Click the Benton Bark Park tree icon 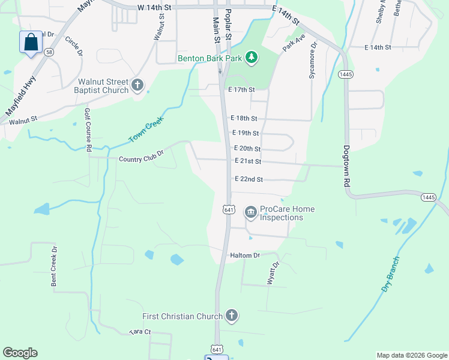[x=253, y=58]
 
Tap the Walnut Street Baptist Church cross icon [x=137, y=85]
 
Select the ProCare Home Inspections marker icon [x=250, y=212]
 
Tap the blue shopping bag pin [x=31, y=43]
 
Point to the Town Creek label [x=146, y=130]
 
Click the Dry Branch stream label [x=390, y=274]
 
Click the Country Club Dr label [x=141, y=159]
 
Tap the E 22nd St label [x=249, y=179]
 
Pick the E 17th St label [x=241, y=89]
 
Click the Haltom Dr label [x=244, y=255]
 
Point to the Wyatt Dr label [x=274, y=272]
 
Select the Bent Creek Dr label [x=54, y=265]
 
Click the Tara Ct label [x=140, y=332]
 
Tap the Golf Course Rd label [x=88, y=130]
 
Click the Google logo [x=20, y=353]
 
